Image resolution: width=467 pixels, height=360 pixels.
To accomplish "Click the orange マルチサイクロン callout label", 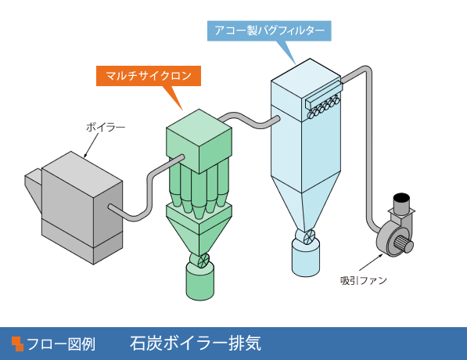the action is pos(149,76).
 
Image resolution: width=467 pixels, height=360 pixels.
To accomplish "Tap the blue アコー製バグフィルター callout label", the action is pos(269,31).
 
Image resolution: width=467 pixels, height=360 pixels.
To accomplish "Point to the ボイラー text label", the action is pos(106,128).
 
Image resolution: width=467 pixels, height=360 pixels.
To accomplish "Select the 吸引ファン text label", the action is pos(364,280).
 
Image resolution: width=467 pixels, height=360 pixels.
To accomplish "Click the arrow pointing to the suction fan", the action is pos(371,262).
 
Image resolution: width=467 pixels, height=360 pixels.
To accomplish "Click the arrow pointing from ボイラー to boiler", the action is pos(91,146).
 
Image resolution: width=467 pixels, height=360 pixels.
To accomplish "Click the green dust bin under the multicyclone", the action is pos(200,281).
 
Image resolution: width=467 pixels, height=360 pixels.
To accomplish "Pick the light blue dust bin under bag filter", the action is pos(306,257).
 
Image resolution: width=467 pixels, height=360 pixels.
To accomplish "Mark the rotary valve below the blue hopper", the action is pos(307,237).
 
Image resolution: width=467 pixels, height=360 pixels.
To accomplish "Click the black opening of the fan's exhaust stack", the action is pos(401,197).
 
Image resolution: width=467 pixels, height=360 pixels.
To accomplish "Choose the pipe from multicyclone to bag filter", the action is pos(250,120).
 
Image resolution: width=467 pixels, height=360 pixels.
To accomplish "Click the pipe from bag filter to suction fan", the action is pos(369,149).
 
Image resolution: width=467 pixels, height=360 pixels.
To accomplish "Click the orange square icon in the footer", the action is pos(17,344).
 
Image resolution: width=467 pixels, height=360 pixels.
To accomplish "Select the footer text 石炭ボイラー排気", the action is pos(196,344).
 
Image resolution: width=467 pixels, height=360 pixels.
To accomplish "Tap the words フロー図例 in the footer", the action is pos(61,344).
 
